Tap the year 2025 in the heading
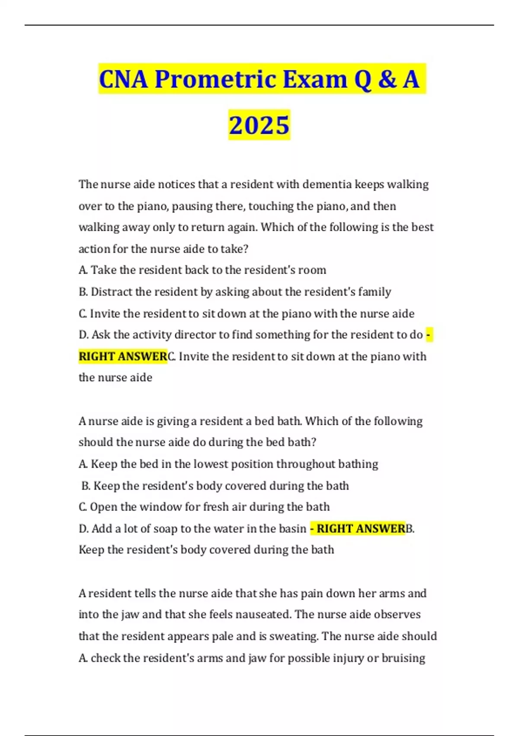pos(259,125)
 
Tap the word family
pos(375,292)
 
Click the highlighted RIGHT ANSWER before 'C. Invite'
pos(123,356)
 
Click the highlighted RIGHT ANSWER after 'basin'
pos(361,529)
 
